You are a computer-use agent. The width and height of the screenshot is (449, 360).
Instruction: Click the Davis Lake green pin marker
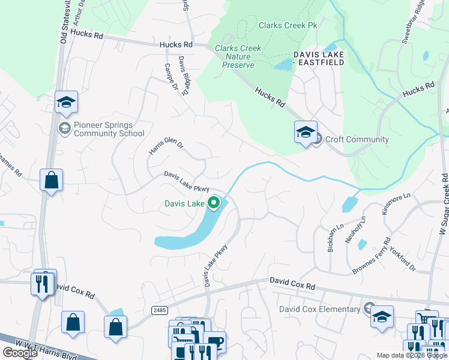coord(213,203)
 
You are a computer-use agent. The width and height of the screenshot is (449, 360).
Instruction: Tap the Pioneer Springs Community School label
coord(109,130)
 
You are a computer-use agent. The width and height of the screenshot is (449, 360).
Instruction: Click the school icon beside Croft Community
coord(306,133)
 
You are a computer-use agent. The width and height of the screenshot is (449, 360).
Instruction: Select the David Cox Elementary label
coord(319,310)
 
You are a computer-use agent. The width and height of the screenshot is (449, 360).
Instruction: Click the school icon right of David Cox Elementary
coord(382,316)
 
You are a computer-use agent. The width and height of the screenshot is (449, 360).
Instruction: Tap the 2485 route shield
coord(159,310)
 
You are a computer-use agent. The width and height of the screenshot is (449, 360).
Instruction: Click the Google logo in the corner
coord(20,353)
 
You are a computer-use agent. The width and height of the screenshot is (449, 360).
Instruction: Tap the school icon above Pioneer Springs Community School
coord(67,102)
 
